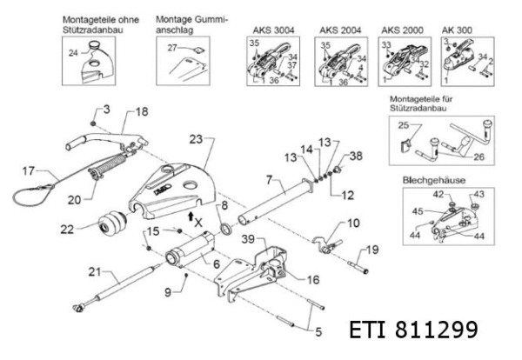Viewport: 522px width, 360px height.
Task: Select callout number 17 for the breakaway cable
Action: click(x=28, y=170)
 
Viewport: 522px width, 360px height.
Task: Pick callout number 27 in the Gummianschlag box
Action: click(x=172, y=48)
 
